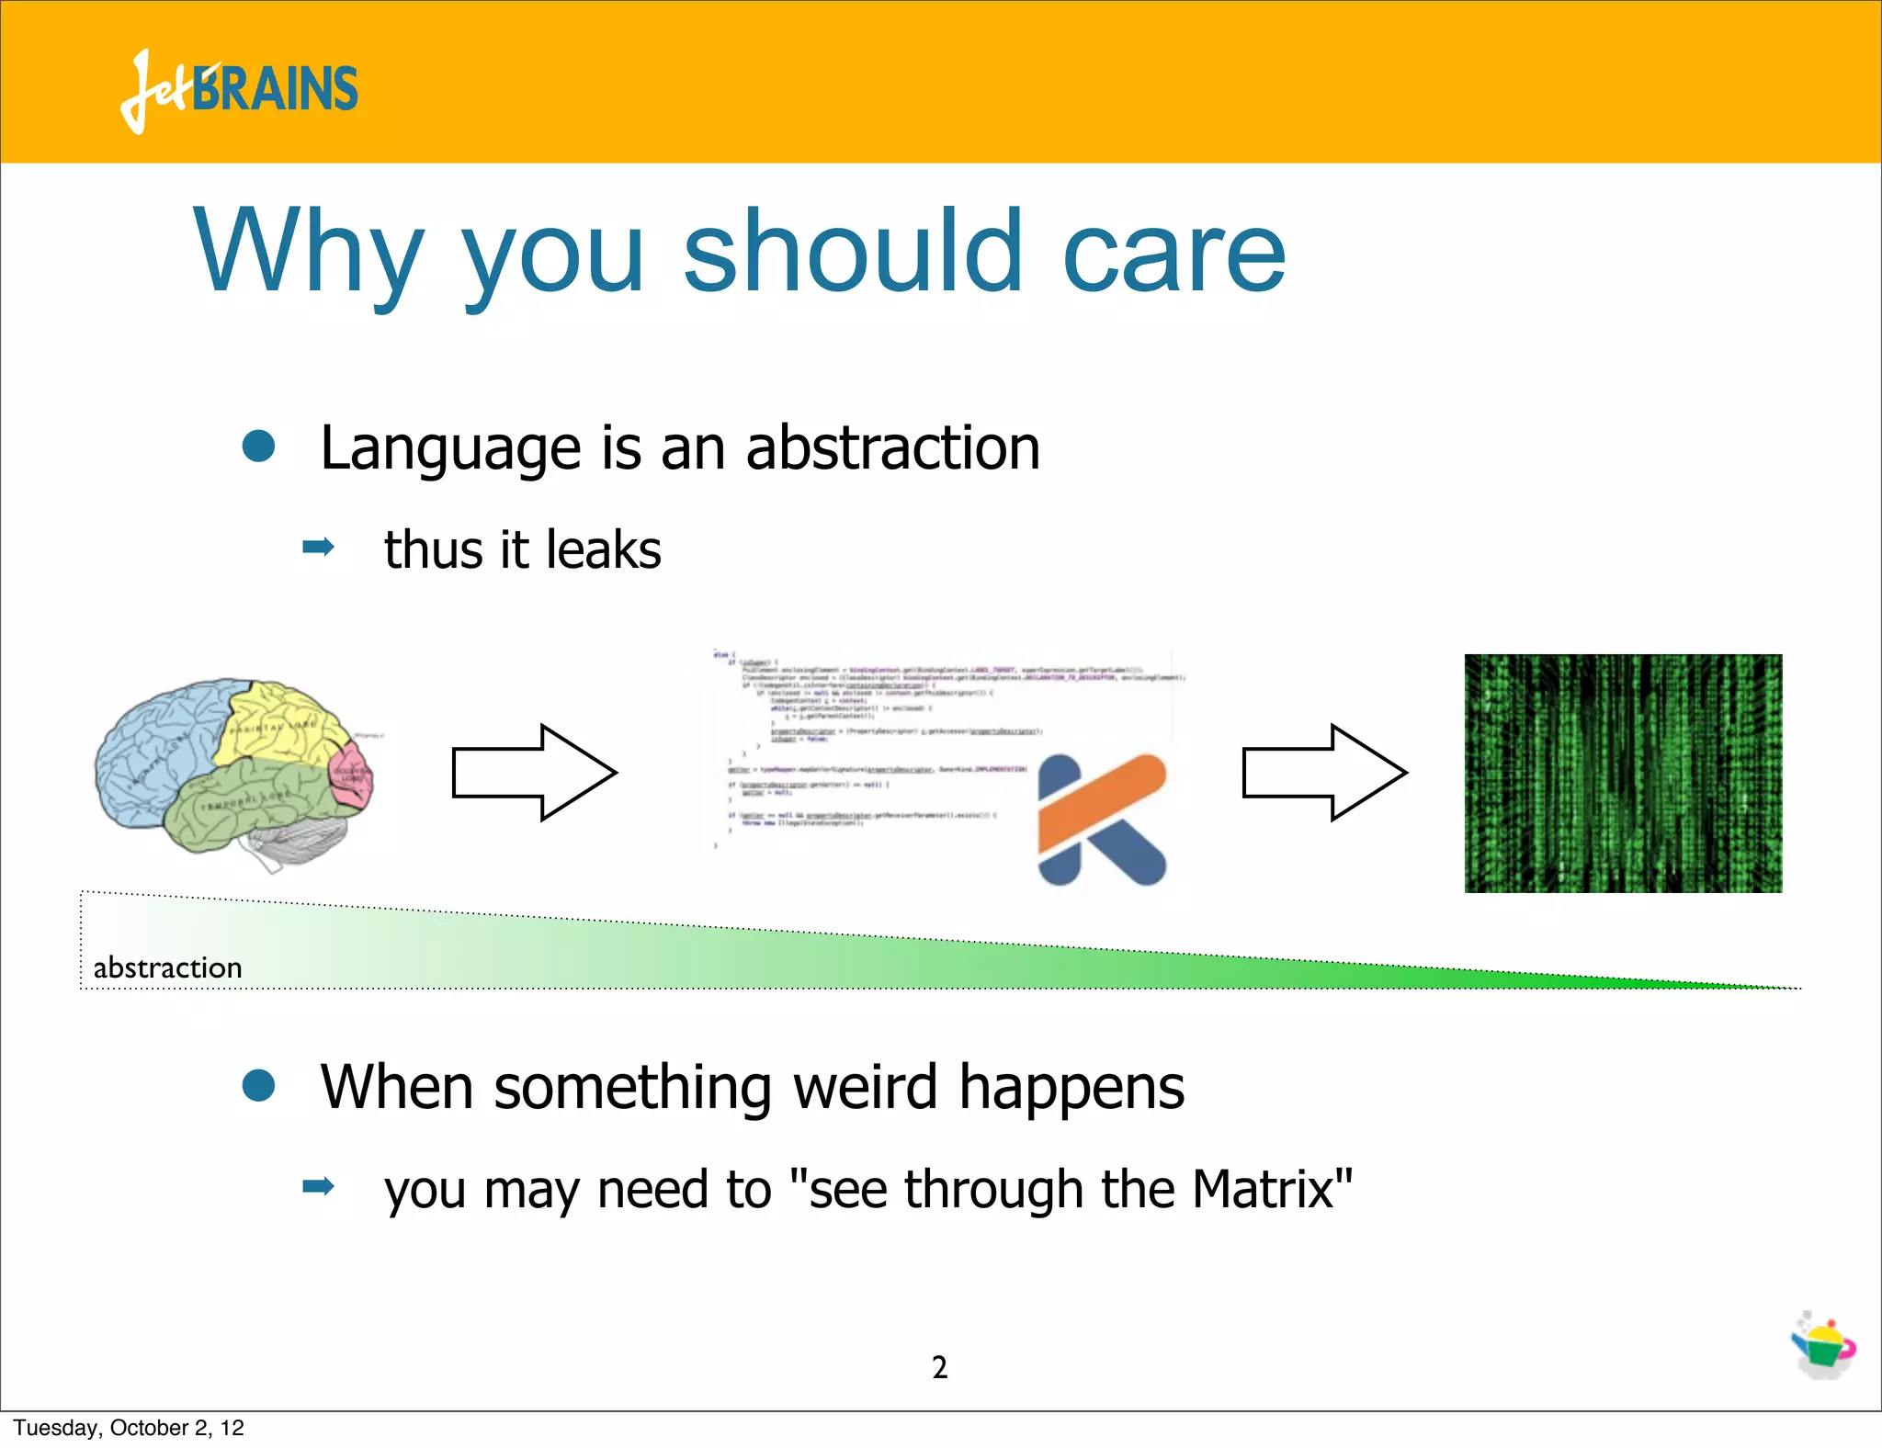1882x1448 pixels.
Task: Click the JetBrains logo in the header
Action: coord(239,90)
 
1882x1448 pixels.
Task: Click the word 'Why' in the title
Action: coord(308,252)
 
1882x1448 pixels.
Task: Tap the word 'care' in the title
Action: coord(1173,252)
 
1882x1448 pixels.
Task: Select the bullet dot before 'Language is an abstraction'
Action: coord(258,447)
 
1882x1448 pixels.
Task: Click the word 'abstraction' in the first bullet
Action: coord(892,448)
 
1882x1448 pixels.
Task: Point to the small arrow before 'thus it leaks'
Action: coord(318,549)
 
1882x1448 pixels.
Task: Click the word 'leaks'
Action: coord(603,549)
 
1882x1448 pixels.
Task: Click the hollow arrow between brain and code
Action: coord(534,773)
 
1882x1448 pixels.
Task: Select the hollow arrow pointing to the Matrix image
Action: coord(1324,773)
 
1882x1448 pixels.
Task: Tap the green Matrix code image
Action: coord(1623,773)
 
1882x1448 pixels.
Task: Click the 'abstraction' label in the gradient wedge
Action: coord(167,967)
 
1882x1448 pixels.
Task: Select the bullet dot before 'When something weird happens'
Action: coord(258,1085)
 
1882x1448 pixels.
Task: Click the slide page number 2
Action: coord(939,1367)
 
